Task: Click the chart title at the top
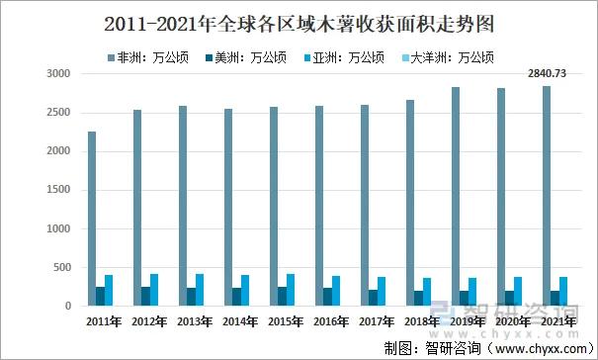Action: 299,21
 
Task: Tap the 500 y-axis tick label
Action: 62,267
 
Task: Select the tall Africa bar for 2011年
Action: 92,219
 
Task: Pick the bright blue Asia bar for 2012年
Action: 154,290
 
